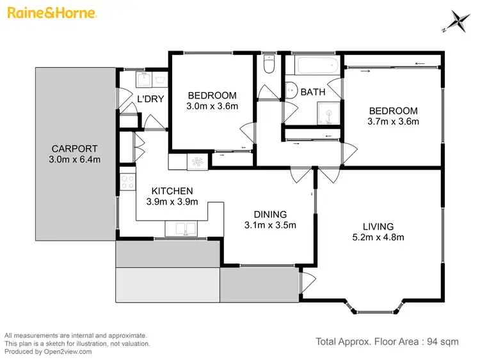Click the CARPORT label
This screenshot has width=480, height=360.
pos(74,149)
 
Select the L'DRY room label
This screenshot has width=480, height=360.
pos(151,98)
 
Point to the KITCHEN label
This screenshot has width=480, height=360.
pos(172,191)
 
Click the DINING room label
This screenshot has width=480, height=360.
pos(269,214)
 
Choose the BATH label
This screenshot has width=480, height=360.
pos(313,92)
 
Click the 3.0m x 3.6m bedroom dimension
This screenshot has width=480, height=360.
pos(212,106)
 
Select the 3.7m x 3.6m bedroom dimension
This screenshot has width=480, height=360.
pos(393,121)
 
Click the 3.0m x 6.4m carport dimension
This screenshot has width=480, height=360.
pos(74,160)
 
